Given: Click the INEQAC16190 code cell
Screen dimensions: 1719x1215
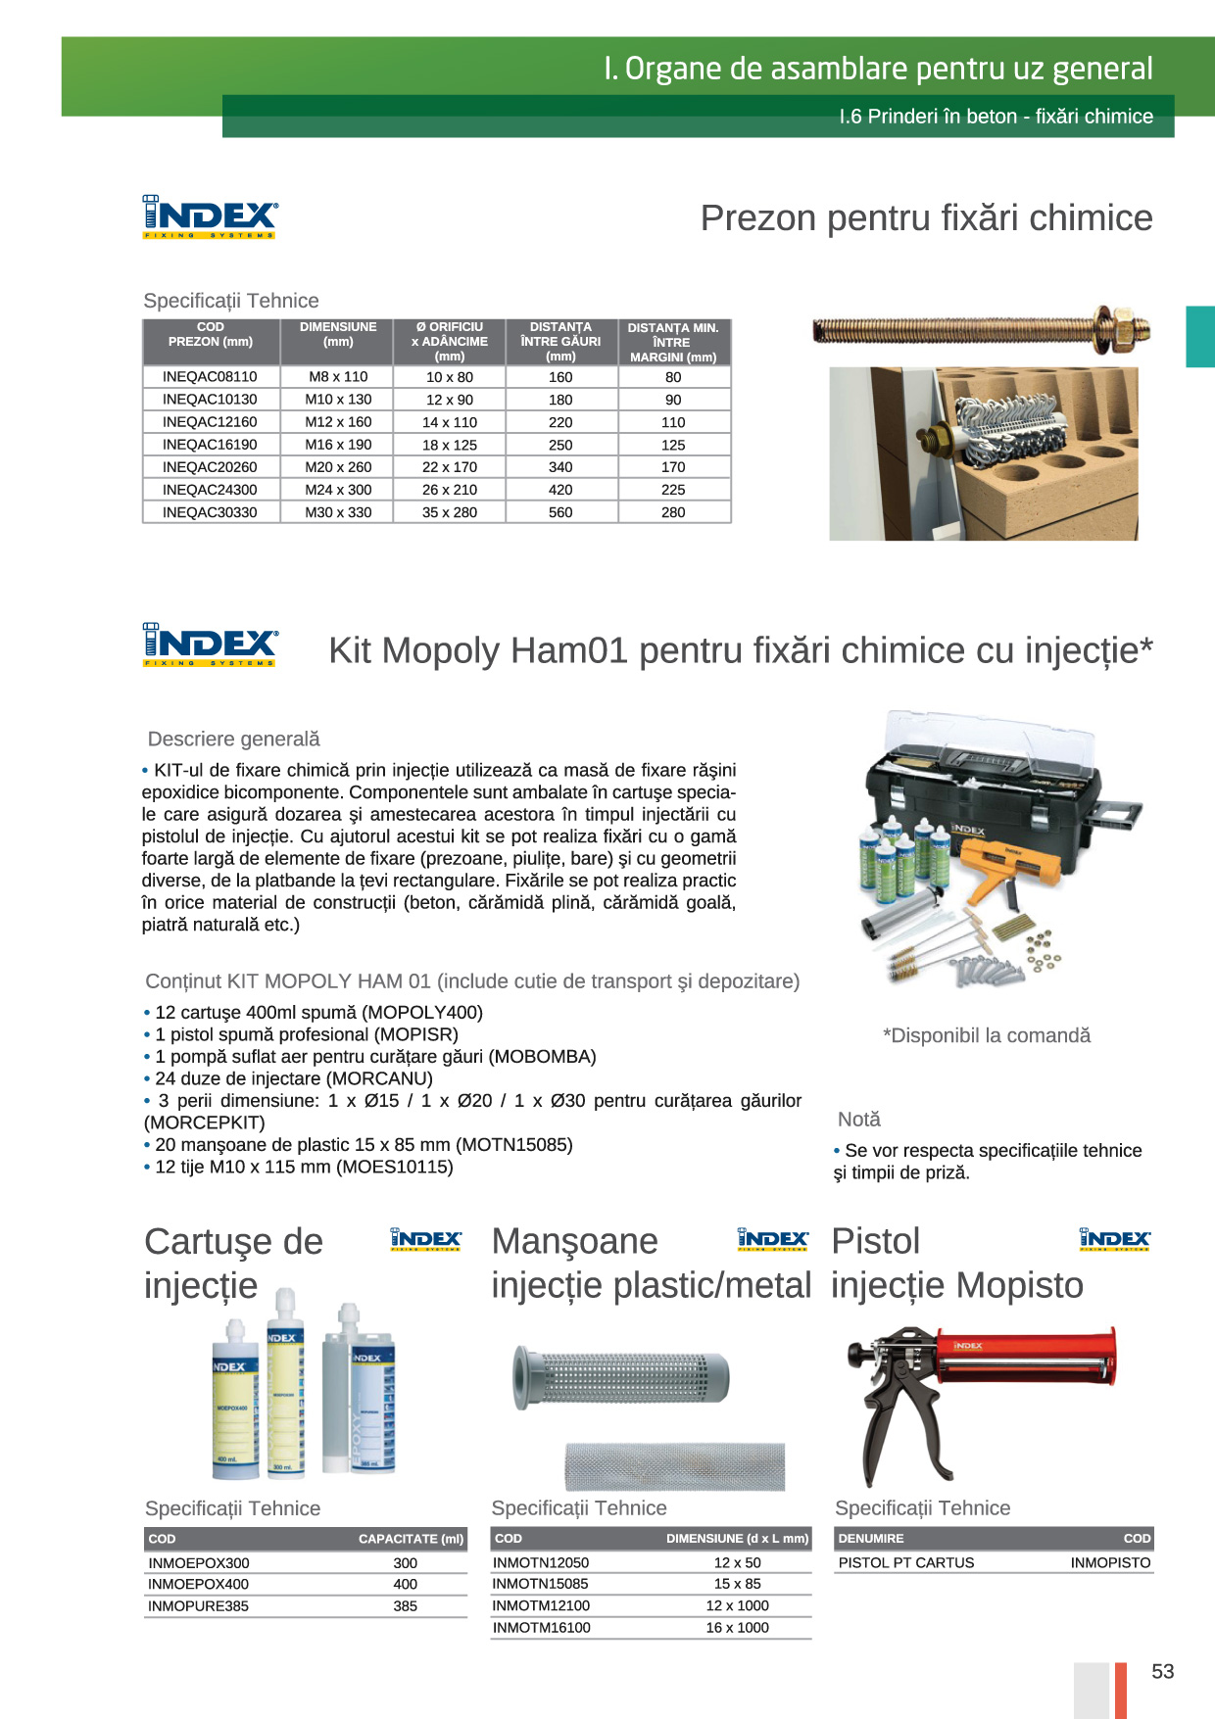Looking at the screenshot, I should coord(210,445).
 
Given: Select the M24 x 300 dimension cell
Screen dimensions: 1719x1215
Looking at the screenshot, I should coord(338,490).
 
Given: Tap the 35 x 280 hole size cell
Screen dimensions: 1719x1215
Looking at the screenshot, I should coord(450,512).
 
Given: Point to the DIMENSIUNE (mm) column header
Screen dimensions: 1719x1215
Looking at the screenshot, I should coord(338,335).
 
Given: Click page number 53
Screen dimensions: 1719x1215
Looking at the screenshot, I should coord(1162,1672).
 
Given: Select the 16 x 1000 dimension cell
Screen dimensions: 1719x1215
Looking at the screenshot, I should coord(737,1628).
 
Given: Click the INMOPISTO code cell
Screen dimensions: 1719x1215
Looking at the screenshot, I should coord(1110,1563).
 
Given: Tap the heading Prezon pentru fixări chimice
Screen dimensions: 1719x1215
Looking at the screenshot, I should coord(926,217).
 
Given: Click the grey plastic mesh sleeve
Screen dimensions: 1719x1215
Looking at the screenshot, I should coord(622,1377).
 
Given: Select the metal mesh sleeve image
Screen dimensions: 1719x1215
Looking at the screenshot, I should coord(674,1466).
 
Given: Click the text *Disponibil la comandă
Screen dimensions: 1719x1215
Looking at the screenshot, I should coord(986,1035).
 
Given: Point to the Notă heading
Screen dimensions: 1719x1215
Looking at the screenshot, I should coord(858,1119).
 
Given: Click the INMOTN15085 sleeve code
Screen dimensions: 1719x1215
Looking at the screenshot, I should coord(541,1584).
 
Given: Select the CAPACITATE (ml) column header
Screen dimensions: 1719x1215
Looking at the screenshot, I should coord(411,1539).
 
